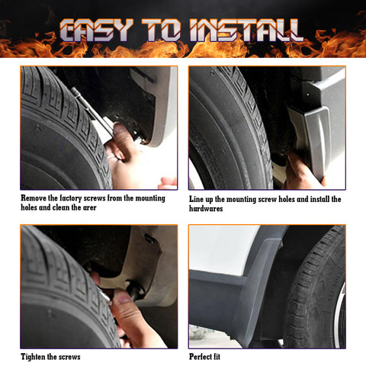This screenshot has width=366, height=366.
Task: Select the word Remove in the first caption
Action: [35, 199]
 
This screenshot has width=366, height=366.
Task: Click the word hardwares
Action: [207, 208]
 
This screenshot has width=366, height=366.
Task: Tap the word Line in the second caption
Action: [197, 199]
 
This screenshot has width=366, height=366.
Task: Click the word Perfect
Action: [202, 357]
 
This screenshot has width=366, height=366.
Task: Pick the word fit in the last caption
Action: [224, 357]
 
